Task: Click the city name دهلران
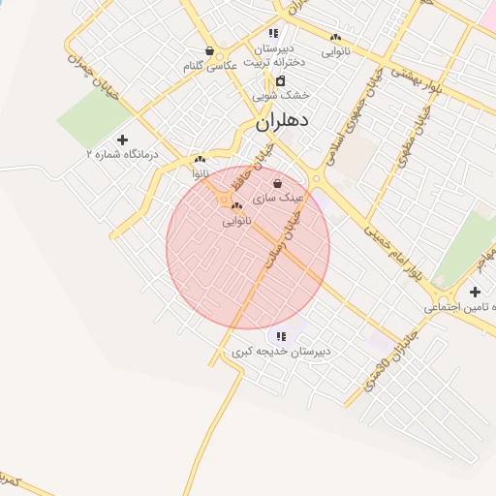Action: coord(283,123)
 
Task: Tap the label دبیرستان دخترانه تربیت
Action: coord(274,55)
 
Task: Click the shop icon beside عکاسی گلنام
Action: coord(209,51)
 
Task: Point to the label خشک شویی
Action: coord(281,96)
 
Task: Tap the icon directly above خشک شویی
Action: coord(281,80)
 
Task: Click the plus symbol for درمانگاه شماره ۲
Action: coord(122,139)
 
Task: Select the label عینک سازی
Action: coord(279,198)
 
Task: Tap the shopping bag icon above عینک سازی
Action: coord(278,183)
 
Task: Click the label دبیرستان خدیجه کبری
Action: coord(281,352)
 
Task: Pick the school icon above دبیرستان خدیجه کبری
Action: coord(281,336)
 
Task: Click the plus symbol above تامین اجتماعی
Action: coord(475,292)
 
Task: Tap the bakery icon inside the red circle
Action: coord(236,206)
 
